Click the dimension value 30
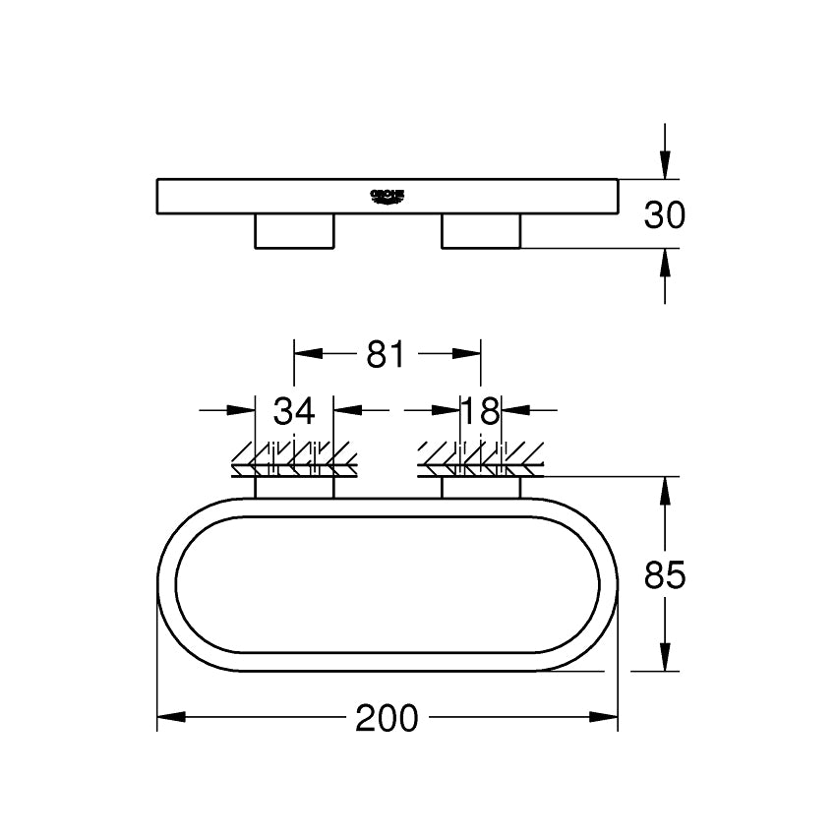click(x=664, y=213)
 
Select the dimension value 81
click(x=386, y=354)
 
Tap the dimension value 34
click(x=294, y=410)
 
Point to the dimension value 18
click(x=481, y=410)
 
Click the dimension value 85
click(x=664, y=574)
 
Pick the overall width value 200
click(x=387, y=719)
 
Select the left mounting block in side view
click(x=294, y=230)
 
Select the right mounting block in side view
click(x=481, y=230)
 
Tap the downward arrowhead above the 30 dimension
click(x=665, y=164)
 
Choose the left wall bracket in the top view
click(x=294, y=488)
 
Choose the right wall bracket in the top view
click(x=481, y=488)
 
